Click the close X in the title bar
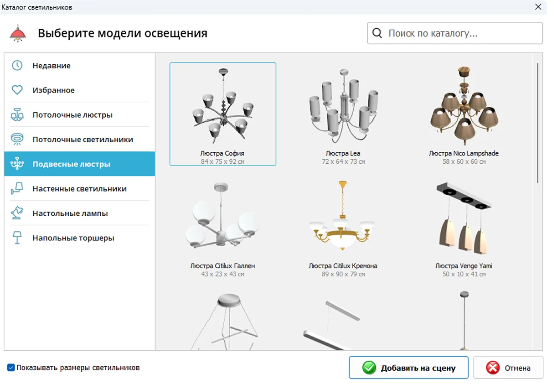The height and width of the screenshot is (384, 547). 538,7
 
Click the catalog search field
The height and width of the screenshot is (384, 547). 455,33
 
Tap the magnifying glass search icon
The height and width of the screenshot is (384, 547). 377,33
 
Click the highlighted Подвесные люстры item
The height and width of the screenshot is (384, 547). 80,164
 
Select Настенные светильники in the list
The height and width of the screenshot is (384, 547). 80,189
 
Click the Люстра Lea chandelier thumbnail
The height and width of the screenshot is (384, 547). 343,106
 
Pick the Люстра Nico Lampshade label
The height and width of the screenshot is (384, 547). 464,153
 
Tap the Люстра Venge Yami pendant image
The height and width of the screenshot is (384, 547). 464,218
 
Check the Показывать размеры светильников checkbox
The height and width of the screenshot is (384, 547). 11,368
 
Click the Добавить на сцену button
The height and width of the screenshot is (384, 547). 408,368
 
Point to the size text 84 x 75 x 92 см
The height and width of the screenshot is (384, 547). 222,162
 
